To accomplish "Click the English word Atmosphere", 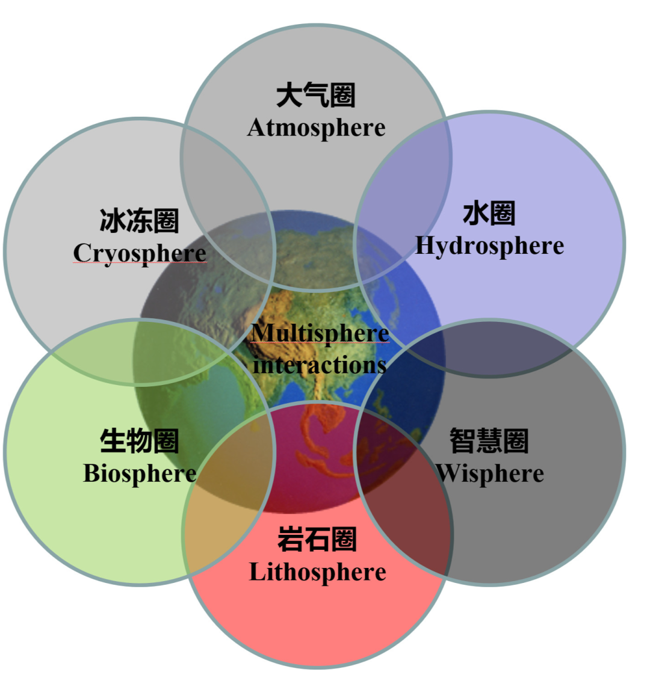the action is click(x=316, y=128).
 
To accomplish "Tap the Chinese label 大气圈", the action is click(x=316, y=96).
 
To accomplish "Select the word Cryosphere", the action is click(x=140, y=253).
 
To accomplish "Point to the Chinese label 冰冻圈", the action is click(x=139, y=221).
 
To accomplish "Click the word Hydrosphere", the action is click(x=489, y=245).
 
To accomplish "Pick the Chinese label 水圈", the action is click(x=489, y=214).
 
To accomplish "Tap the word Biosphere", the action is click(x=140, y=473).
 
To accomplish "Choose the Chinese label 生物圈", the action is click(x=139, y=441).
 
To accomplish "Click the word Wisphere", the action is click(x=490, y=473).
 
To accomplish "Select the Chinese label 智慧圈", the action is click(x=489, y=441).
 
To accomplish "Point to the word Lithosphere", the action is click(x=317, y=572).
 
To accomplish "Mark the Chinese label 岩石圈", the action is click(x=317, y=539).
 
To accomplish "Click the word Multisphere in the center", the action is click(x=320, y=333).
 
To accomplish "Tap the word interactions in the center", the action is click(x=320, y=365).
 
